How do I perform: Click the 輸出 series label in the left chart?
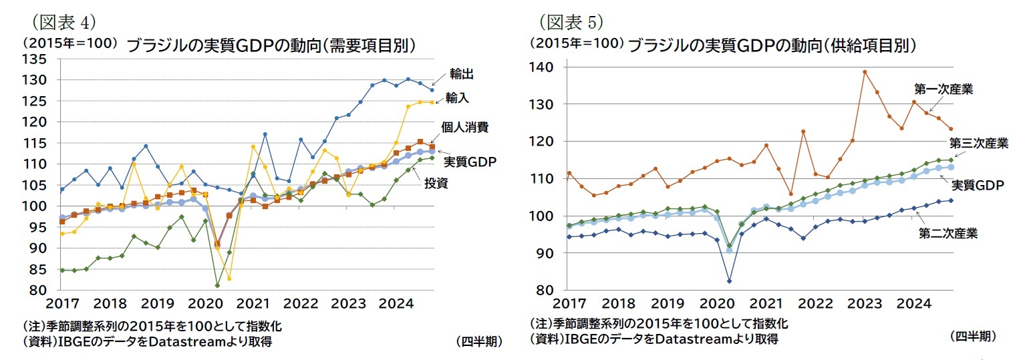coord(462,74)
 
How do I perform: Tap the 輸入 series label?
coord(457,98)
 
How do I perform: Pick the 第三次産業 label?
coord(978,143)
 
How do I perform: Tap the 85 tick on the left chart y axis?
coord(37,270)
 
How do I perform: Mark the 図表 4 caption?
coord(63,22)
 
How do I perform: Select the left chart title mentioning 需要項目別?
coord(272,45)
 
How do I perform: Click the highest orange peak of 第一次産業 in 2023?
coord(865,71)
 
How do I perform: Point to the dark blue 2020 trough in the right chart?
coord(729,281)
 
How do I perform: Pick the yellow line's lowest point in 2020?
coord(229,279)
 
